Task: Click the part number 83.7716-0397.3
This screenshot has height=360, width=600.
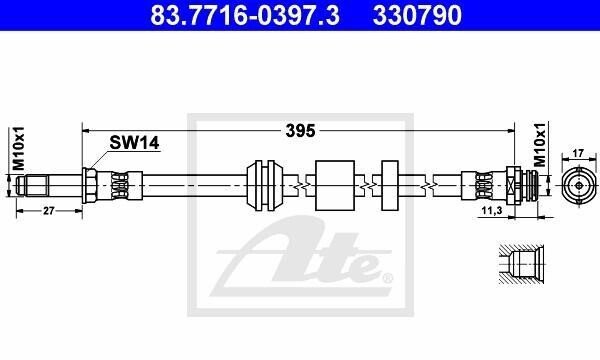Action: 245,15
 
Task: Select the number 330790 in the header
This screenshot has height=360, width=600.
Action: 417,15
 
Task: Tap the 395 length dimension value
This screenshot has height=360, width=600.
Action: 300,131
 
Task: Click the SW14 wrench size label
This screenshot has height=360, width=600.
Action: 134,143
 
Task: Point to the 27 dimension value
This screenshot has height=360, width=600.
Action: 49,211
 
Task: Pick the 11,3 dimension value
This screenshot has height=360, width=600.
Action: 491,210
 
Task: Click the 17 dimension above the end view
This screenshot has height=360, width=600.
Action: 579,153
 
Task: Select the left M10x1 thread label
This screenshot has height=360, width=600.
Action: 18,148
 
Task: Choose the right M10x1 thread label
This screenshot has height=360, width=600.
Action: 540,145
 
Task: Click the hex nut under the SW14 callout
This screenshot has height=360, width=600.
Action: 89,186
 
